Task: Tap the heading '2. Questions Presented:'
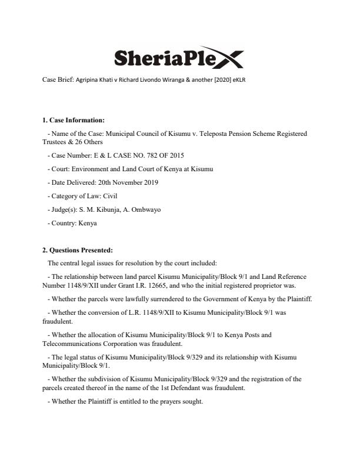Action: pos(73,250)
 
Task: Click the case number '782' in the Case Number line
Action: pos(139,155)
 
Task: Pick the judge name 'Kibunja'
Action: pos(112,209)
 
